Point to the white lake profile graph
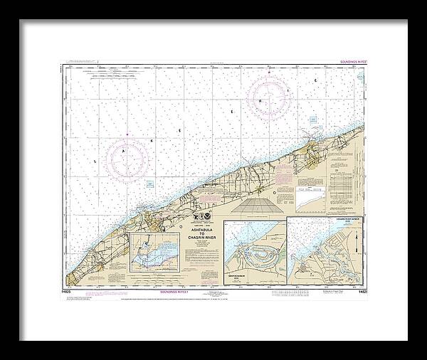click(313, 206)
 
